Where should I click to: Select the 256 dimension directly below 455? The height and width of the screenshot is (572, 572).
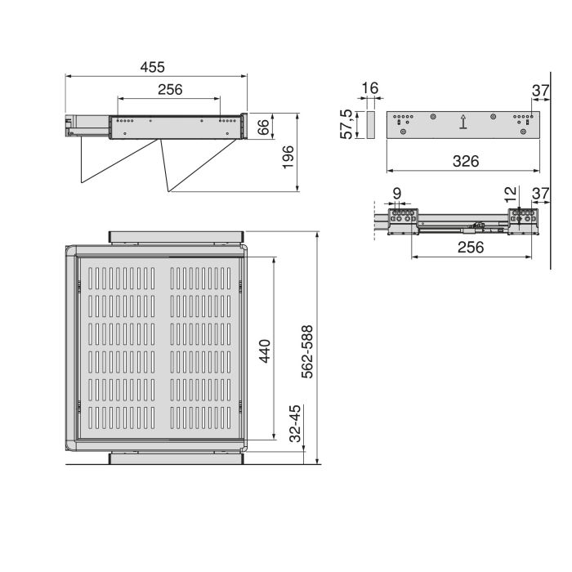point(169,90)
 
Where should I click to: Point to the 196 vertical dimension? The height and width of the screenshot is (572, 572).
point(287,153)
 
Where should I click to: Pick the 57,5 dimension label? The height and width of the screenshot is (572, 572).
point(347,124)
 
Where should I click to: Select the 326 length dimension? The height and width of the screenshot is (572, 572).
point(463,162)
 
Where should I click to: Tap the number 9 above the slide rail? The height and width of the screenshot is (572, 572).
point(397,194)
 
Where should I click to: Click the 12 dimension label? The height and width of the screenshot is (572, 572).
point(510,194)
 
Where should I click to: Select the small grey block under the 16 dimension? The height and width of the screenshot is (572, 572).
point(369,125)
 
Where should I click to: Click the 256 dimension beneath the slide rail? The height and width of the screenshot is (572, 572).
point(471,248)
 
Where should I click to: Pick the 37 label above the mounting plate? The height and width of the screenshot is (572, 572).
point(539,89)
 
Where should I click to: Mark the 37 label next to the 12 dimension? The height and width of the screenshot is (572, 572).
point(539,194)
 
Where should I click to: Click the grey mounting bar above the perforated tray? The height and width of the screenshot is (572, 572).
point(177,235)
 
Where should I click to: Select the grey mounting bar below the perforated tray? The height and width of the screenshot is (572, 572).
point(177,457)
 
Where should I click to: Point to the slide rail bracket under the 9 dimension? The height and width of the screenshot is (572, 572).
point(403,220)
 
